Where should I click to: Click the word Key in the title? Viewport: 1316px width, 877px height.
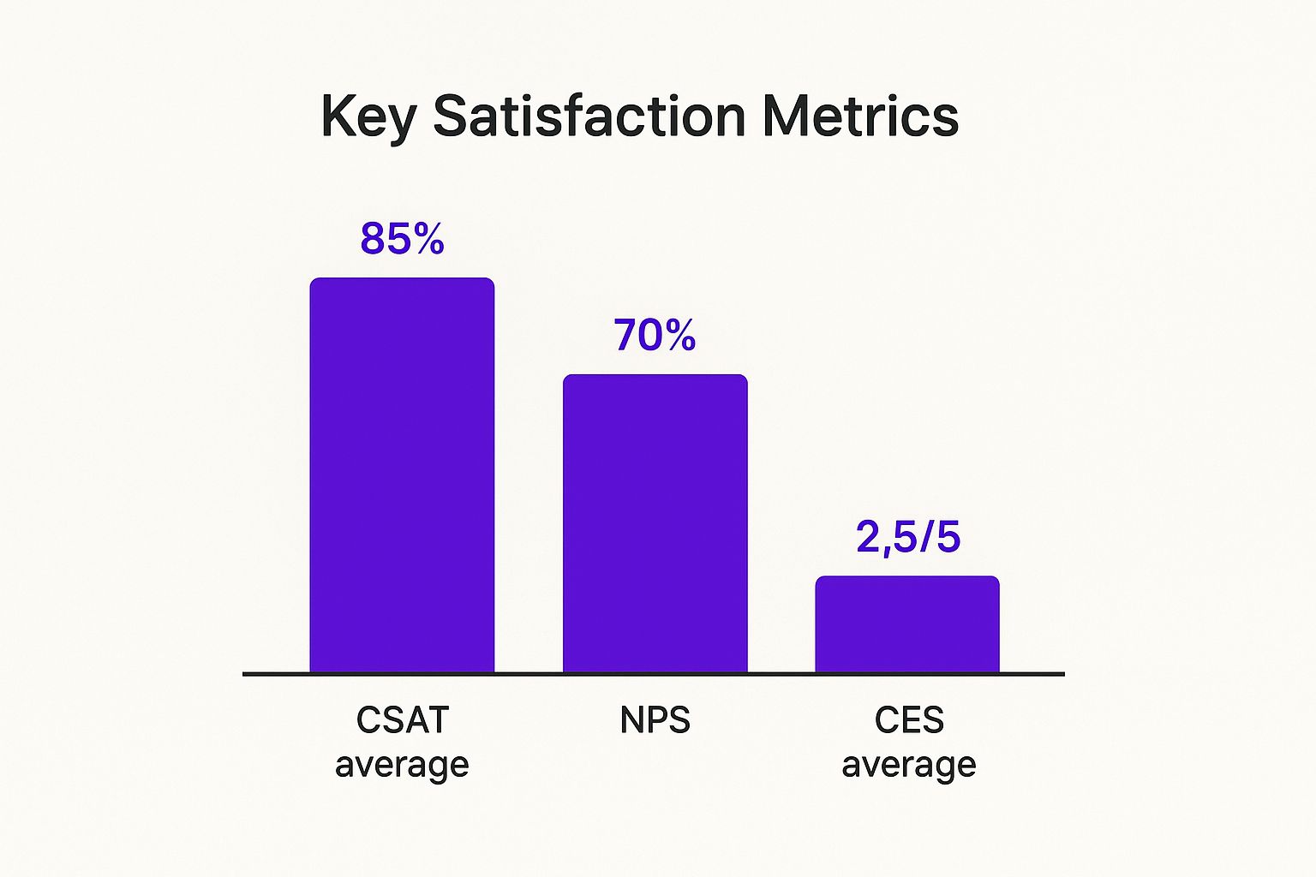(x=368, y=116)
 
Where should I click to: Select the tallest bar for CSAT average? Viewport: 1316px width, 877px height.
(x=402, y=475)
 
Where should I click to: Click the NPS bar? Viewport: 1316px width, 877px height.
(x=655, y=523)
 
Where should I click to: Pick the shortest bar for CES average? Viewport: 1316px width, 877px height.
(x=907, y=624)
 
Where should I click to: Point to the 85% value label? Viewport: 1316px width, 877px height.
(x=402, y=239)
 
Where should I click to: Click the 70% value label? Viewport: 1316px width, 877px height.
(x=655, y=336)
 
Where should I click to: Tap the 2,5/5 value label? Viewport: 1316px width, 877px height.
(x=908, y=538)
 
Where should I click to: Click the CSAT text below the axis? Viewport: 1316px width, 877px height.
(x=402, y=720)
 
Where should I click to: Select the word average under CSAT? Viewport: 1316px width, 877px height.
(x=402, y=765)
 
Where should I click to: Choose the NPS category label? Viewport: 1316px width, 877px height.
(x=655, y=720)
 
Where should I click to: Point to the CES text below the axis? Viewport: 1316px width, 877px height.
(x=909, y=720)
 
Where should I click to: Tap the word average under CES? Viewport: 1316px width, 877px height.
(x=909, y=765)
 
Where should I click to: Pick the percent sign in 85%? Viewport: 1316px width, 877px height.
(x=426, y=239)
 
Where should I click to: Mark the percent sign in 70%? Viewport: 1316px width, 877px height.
(x=678, y=336)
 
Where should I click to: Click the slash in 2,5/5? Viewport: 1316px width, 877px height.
(x=924, y=538)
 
